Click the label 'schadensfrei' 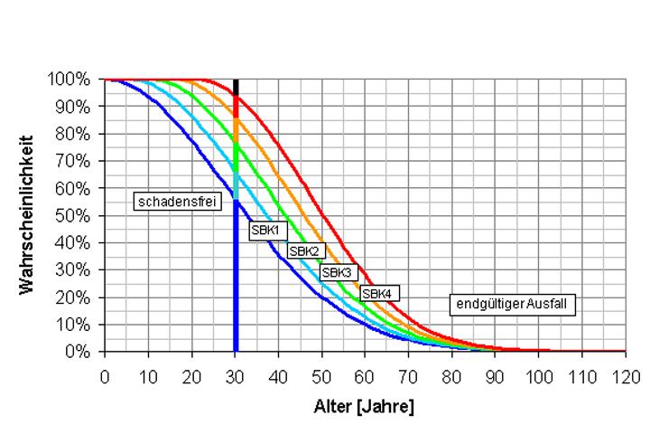[x=178, y=202]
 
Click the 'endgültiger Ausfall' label [x=513, y=305]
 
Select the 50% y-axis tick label [x=75, y=215]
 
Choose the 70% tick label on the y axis [x=75, y=161]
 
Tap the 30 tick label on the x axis [x=235, y=374]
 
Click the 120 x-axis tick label [x=625, y=374]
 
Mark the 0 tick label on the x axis [x=105, y=374]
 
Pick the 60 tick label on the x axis [x=365, y=374]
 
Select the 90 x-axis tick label [x=495, y=374]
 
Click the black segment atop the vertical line [x=236, y=87]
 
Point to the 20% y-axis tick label [x=75, y=297]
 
